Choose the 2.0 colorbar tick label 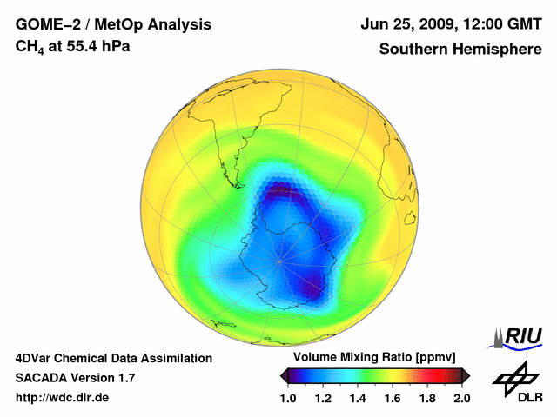461,398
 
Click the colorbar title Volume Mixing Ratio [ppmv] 374,358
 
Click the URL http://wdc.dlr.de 63,398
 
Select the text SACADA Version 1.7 75,378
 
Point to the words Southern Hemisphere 460,49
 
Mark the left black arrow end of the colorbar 284,375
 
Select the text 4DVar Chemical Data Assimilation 113,358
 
